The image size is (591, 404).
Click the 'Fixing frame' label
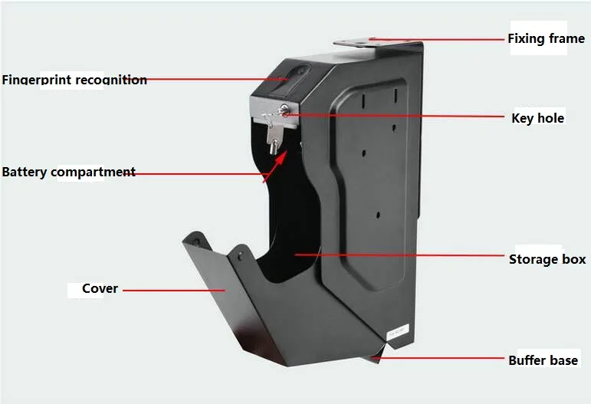(x=546, y=38)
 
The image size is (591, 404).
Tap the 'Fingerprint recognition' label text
(x=74, y=80)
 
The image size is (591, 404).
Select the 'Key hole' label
(x=537, y=118)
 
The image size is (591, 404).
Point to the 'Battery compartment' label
(x=68, y=172)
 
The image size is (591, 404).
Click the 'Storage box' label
(x=547, y=260)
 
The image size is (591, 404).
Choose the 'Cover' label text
(x=100, y=289)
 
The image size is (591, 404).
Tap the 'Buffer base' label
(x=543, y=360)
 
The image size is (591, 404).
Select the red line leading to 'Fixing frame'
(x=437, y=38)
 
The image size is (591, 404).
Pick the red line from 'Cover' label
(x=172, y=291)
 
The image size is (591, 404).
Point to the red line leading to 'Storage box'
(x=399, y=256)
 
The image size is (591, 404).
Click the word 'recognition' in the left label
(x=112, y=80)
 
